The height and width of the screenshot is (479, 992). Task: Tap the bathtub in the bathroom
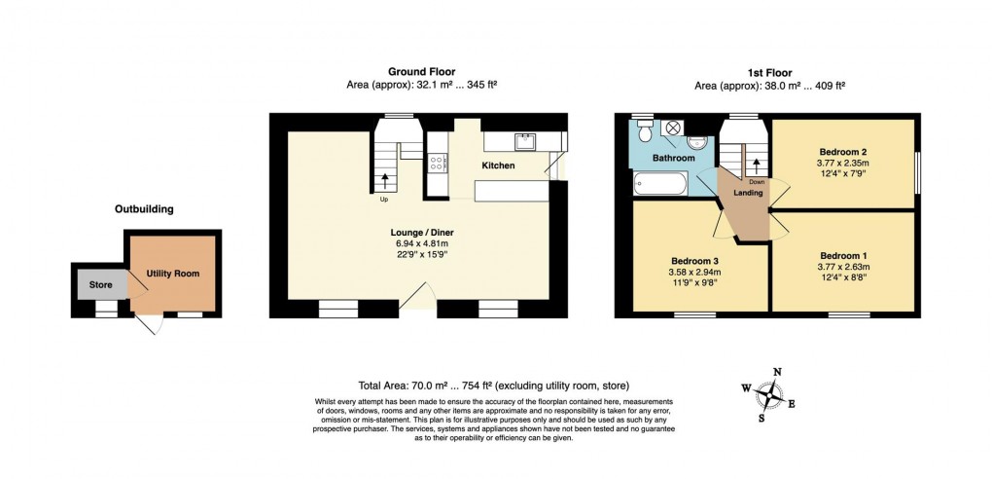click(x=660, y=182)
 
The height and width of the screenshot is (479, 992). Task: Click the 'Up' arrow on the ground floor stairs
click(x=385, y=180)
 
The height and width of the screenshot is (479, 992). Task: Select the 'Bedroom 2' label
click(x=842, y=152)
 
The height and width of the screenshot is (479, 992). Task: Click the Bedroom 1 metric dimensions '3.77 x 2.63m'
click(x=842, y=266)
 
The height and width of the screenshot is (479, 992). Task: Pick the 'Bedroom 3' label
click(x=694, y=261)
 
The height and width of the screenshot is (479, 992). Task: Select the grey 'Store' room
click(x=101, y=283)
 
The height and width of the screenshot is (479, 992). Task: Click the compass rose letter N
click(x=776, y=372)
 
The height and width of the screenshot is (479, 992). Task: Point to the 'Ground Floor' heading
click(x=421, y=72)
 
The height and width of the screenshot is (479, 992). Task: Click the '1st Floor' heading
click(x=769, y=72)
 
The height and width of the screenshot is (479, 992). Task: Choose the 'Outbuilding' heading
click(x=144, y=208)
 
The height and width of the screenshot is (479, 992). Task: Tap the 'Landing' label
click(x=747, y=193)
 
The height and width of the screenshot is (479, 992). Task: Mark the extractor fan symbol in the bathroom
click(x=672, y=128)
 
